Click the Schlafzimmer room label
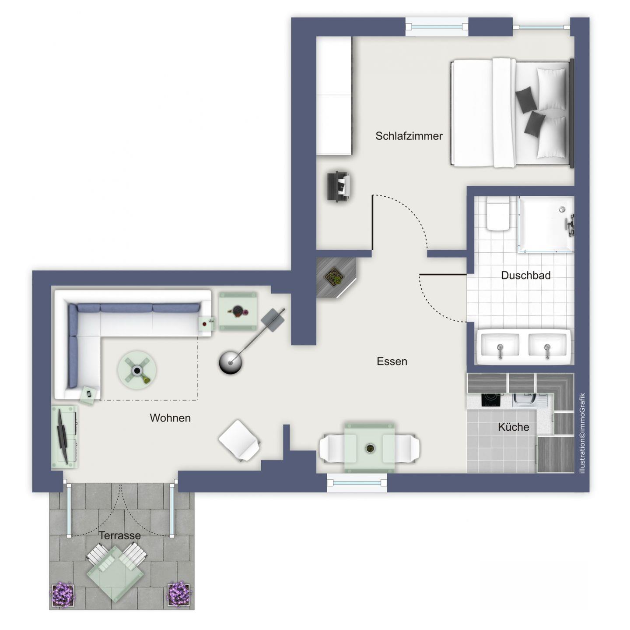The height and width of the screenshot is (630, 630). (409, 136)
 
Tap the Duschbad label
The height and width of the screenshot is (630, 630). (526, 276)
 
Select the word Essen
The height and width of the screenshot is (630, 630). (392, 361)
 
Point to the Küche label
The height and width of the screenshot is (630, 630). (513, 427)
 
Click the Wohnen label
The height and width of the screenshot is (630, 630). (170, 418)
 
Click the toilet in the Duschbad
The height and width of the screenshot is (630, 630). (497, 213)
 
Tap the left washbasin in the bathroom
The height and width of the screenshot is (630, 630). (500, 347)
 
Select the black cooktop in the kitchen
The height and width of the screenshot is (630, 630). (491, 400)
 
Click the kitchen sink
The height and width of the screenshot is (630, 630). (523, 400)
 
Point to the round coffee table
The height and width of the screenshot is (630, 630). (137, 370)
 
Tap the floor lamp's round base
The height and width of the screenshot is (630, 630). (231, 362)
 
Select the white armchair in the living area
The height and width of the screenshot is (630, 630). (240, 440)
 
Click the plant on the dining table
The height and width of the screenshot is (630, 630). (370, 448)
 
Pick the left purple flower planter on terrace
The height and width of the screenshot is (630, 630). (63, 593)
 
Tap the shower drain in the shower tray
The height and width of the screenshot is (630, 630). (562, 209)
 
